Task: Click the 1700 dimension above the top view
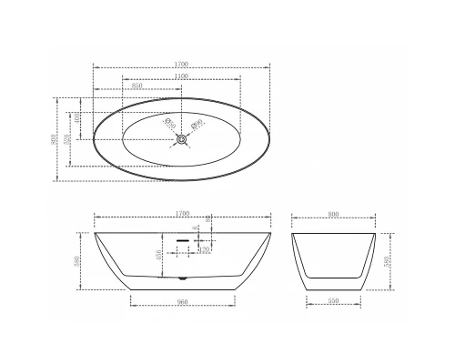click(x=183, y=64)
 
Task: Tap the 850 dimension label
click(x=137, y=86)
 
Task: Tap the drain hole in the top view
click(x=183, y=139)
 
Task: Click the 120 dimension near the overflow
click(x=205, y=248)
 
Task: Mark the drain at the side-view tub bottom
click(x=183, y=277)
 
